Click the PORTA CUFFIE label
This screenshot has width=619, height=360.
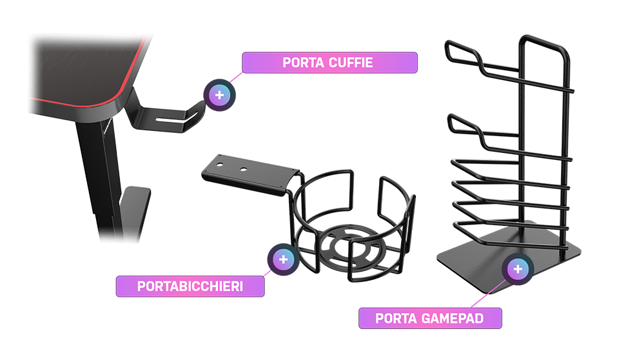pos(329,63)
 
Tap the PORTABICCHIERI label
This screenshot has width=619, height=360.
pos(190,286)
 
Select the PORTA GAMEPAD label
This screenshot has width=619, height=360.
pos(430,318)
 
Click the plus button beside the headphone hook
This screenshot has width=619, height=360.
pos(219,95)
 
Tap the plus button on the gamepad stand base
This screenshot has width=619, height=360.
pos(518,269)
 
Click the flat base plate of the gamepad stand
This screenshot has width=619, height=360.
pos(509,257)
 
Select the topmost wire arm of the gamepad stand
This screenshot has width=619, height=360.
pos(509,75)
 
